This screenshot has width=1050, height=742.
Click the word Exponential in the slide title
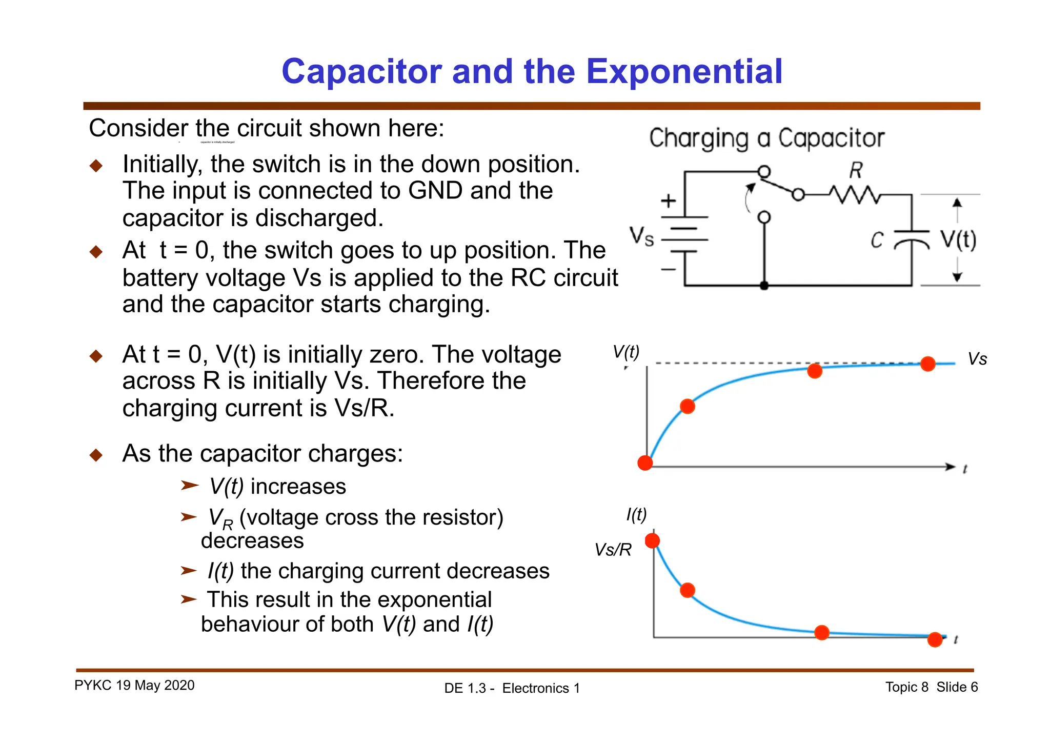click(x=684, y=71)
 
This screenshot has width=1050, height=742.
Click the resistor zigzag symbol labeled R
click(x=855, y=195)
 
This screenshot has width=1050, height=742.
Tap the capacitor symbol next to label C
click(x=912, y=238)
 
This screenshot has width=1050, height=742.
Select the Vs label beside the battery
click(x=642, y=237)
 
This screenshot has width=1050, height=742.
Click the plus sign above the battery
click(x=668, y=200)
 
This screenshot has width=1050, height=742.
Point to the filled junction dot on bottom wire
click(x=764, y=286)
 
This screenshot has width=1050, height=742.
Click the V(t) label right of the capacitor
click(x=958, y=239)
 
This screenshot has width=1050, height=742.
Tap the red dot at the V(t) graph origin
click(x=645, y=463)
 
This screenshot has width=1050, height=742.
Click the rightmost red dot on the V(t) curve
click(x=927, y=364)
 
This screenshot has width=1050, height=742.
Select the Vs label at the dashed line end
click(x=977, y=359)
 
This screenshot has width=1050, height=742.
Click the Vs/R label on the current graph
click(x=613, y=550)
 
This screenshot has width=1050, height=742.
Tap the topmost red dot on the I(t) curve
click(x=652, y=540)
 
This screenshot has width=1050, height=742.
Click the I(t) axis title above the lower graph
click(x=636, y=514)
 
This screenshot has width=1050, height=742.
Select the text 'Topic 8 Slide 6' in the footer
click(x=931, y=687)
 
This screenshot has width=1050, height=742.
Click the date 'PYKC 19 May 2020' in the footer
click(x=134, y=686)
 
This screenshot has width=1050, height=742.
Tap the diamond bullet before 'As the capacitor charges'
click(x=96, y=455)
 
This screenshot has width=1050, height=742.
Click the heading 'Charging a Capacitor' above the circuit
click(x=766, y=138)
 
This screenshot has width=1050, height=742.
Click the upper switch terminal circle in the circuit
click(x=764, y=171)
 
